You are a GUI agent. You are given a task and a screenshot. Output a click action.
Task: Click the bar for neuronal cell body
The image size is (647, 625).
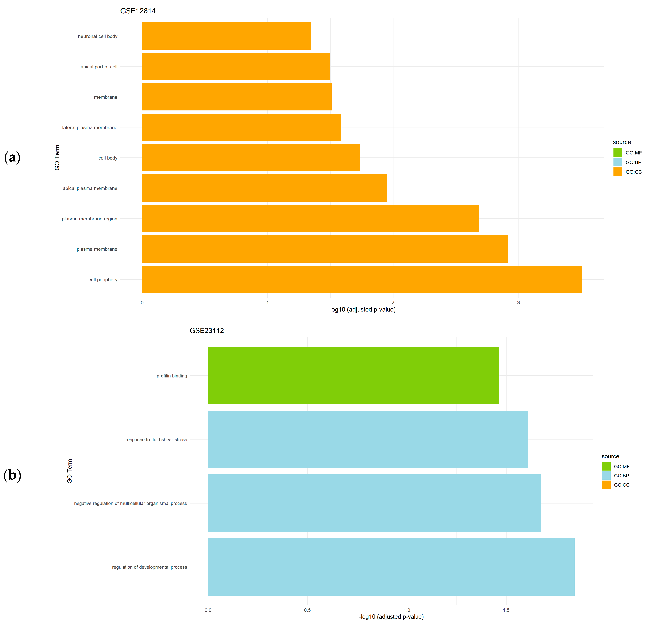click(226, 36)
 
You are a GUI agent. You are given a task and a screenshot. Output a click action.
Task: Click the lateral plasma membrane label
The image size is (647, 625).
click(90, 128)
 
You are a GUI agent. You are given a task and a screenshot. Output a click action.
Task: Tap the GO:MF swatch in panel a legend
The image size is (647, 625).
click(618, 153)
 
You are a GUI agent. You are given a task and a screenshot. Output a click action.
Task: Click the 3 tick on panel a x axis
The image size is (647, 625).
click(518, 303)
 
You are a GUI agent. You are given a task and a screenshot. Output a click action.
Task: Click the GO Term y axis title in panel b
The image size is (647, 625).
click(69, 471)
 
